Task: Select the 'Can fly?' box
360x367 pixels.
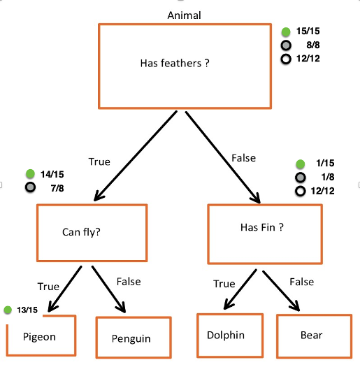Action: (92, 231)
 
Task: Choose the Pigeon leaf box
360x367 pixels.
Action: (40, 336)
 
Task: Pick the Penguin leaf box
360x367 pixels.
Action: (133, 338)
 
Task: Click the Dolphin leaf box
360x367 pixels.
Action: (229, 336)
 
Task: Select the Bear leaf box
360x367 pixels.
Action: (312, 336)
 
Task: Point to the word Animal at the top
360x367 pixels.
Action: (184, 15)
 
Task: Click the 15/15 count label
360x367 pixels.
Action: (308, 31)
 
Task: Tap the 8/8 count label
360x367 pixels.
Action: (312, 45)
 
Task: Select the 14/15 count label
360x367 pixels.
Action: (52, 173)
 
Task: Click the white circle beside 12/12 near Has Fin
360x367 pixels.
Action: (300, 191)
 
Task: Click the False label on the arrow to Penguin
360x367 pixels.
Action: (128, 282)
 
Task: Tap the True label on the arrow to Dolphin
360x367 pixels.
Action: (223, 284)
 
